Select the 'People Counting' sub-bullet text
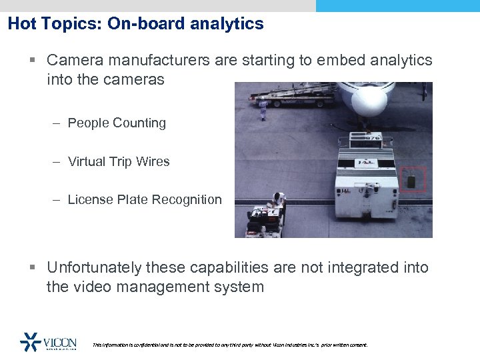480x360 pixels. tap(117, 123)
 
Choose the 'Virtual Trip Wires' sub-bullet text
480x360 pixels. tap(119, 161)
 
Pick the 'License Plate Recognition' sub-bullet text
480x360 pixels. tap(145, 199)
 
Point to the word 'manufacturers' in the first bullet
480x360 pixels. tap(154, 60)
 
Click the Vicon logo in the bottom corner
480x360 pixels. tap(48, 341)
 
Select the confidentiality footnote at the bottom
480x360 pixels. tap(229, 345)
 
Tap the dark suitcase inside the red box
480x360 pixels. tap(411, 180)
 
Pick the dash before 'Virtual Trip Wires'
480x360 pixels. tap(57, 161)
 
